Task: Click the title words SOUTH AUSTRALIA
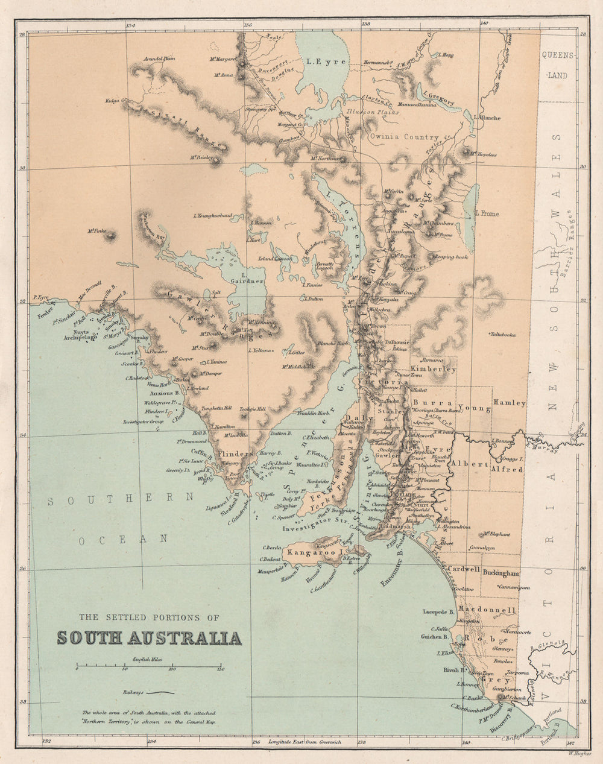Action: pyautogui.click(x=149, y=638)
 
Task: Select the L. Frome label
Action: pyautogui.click(x=487, y=213)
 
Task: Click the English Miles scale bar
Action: pyautogui.click(x=148, y=666)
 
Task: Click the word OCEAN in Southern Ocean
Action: pyautogui.click(x=123, y=540)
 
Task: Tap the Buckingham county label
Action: pyautogui.click(x=500, y=573)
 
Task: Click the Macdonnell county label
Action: pyautogui.click(x=487, y=610)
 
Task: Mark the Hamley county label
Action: pyautogui.click(x=510, y=403)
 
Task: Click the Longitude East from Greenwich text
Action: pyautogui.click(x=309, y=741)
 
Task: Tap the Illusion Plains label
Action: pyautogui.click(x=368, y=112)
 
